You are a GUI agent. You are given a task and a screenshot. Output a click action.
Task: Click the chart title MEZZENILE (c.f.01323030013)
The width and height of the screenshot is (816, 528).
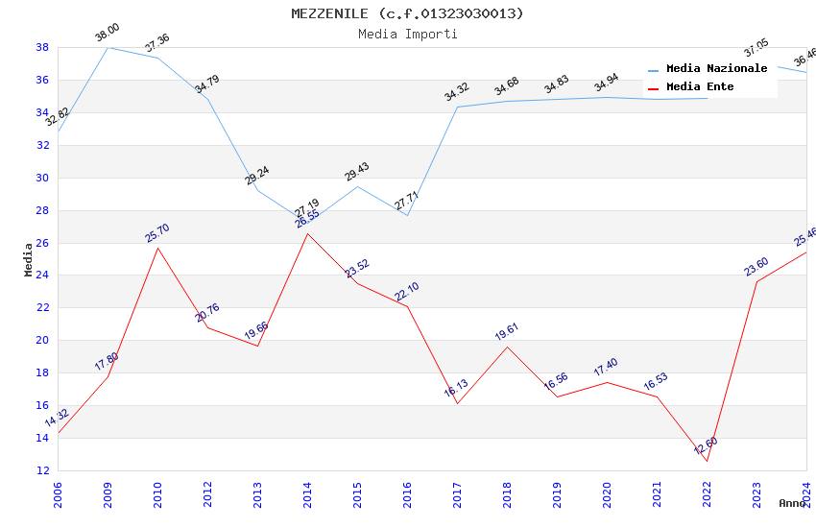pyautogui.click(x=408, y=13)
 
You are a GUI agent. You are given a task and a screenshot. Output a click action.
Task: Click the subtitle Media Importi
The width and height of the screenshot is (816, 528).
pyautogui.click(x=408, y=34)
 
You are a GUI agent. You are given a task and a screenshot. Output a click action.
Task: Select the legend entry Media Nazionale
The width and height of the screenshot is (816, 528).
pyautogui.click(x=716, y=69)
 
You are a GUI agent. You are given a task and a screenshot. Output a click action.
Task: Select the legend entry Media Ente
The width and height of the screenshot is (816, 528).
pyautogui.click(x=700, y=87)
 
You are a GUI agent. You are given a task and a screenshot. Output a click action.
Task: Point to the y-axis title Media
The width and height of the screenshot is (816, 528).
pyautogui.click(x=29, y=259)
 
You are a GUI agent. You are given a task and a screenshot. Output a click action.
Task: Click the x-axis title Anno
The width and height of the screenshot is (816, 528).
pyautogui.click(x=792, y=503)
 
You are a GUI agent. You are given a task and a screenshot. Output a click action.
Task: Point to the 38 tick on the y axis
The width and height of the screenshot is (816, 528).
pyautogui.click(x=43, y=47)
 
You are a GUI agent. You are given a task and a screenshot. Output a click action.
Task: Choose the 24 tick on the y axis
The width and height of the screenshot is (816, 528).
pyautogui.click(x=43, y=276)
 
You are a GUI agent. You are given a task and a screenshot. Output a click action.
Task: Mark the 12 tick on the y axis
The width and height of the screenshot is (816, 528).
pyautogui.click(x=43, y=470)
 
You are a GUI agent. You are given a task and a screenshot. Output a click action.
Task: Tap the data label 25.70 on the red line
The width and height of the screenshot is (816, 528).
pyautogui.click(x=157, y=232)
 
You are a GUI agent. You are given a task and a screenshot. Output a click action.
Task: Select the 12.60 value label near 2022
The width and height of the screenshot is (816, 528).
pyautogui.click(x=706, y=445)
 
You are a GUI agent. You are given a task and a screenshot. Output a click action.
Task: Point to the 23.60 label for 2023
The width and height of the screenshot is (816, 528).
pyautogui.click(x=756, y=266)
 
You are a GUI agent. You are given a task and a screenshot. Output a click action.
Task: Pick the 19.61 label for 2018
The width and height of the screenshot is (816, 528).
pyautogui.click(x=507, y=332)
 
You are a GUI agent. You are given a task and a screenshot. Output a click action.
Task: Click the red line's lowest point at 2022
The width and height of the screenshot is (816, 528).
pyautogui.click(x=707, y=461)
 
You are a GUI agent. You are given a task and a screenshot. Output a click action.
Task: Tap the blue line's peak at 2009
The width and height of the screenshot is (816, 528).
pyautogui.click(x=108, y=47)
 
